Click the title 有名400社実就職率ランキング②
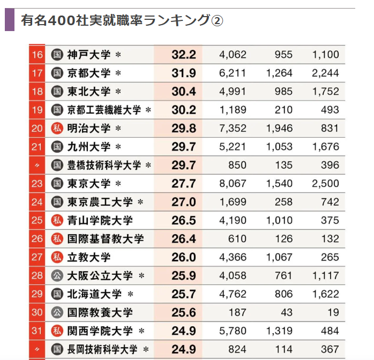pos(121,20)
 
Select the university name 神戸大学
pos(89,55)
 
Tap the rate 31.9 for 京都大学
pos(184,73)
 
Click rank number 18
pos(37,92)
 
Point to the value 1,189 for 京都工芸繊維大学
pos(233,110)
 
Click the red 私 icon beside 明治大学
pos(57,129)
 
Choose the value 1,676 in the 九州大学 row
pos(326,147)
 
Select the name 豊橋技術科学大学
pos(104,165)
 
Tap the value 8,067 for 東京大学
pos(233,184)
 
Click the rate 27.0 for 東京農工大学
pos(184,202)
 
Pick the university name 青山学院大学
pos(100,220)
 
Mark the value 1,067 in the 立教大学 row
pos(279,257)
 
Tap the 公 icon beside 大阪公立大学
pos(57,276)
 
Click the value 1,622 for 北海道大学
pos(326,294)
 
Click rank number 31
pos(37,331)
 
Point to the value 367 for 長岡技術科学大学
pos(329,349)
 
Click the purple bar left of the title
pos(10,20)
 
